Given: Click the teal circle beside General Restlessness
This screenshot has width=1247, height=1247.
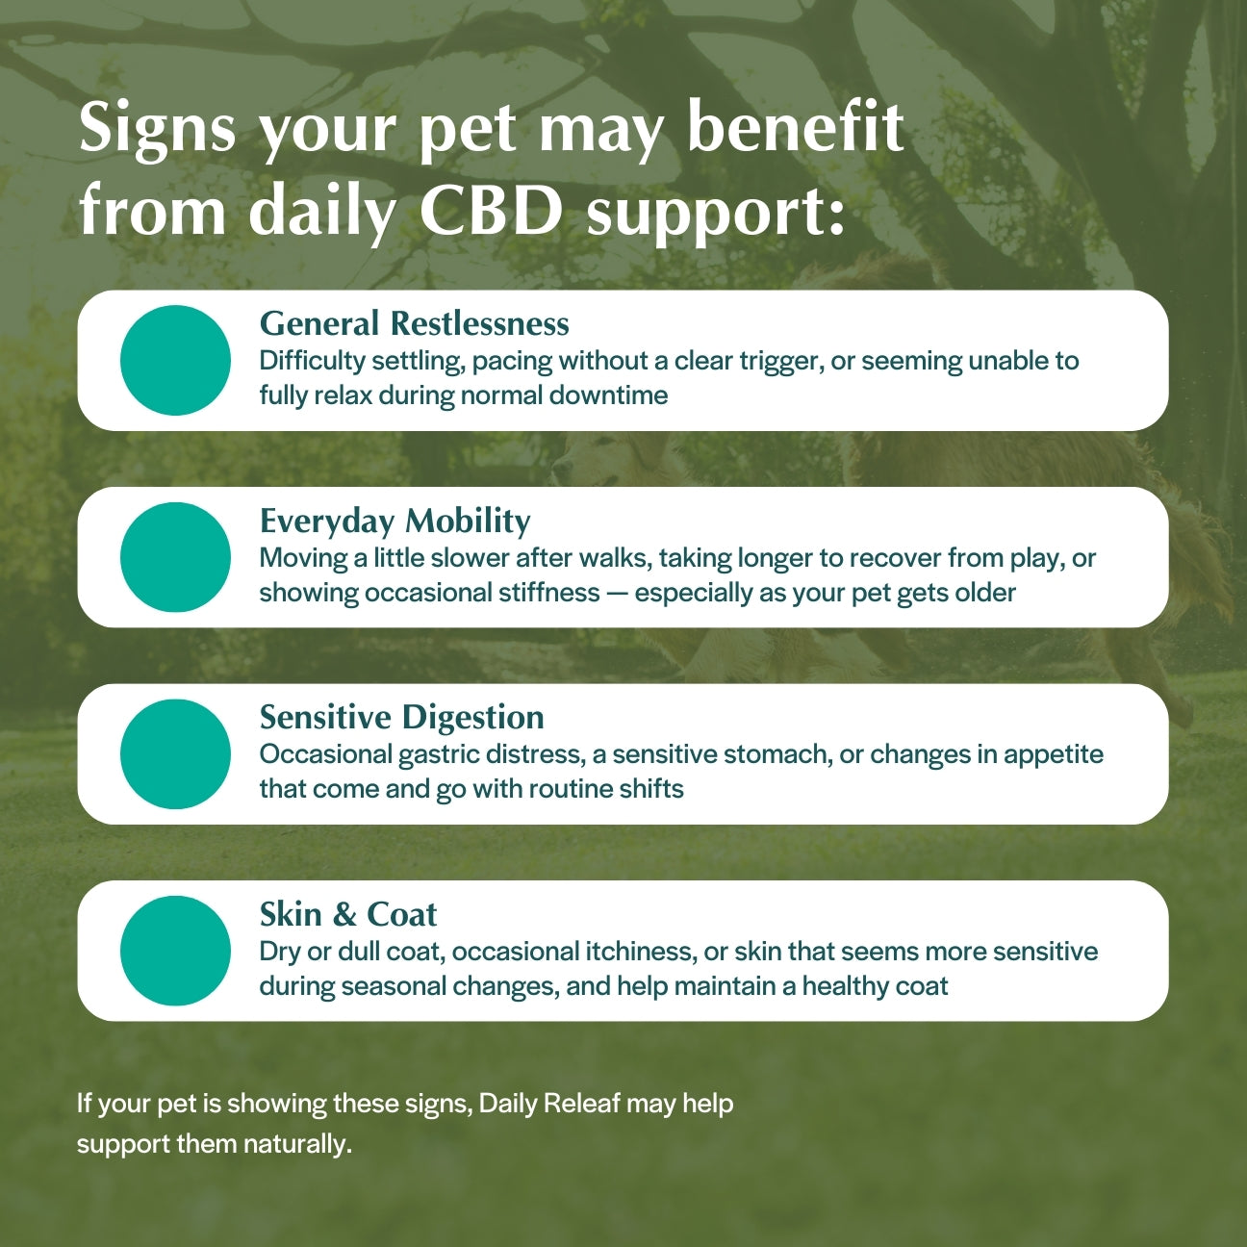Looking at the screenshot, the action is click(x=175, y=361).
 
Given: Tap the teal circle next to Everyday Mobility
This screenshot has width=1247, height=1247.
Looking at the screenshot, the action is click(x=175, y=557).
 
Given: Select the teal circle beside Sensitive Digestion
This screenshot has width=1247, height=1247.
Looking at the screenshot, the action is click(x=175, y=754).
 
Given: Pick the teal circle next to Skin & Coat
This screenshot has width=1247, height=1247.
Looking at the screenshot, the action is click(x=175, y=951).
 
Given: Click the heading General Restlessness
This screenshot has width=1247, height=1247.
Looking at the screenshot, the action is click(x=414, y=323).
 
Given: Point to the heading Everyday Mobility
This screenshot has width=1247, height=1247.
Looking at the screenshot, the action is click(x=394, y=522).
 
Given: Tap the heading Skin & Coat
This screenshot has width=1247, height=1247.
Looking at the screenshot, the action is click(x=348, y=914).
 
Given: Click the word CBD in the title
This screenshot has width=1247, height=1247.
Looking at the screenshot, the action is click(x=491, y=210).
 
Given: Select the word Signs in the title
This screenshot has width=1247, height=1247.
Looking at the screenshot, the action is click(x=157, y=130).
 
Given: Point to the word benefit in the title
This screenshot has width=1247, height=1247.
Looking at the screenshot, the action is click(x=796, y=126).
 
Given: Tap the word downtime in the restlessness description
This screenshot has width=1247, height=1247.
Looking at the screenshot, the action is click(x=608, y=394).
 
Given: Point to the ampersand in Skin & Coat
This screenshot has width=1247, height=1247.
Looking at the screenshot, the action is click(x=344, y=914).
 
